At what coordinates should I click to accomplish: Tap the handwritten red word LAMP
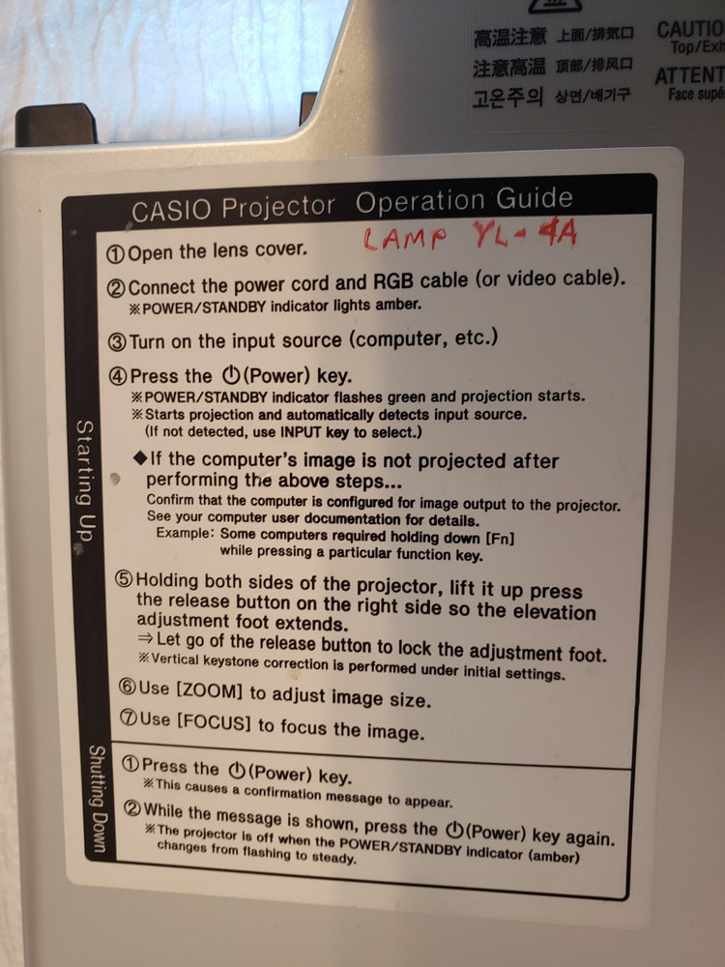406,238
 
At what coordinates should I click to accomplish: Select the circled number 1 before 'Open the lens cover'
115,254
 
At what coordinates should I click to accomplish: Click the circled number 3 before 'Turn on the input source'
115,341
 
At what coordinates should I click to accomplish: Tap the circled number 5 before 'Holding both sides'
123,581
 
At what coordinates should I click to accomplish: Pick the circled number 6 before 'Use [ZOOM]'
127,688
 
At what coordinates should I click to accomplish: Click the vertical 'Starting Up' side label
85,481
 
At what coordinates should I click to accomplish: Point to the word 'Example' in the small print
182,533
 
